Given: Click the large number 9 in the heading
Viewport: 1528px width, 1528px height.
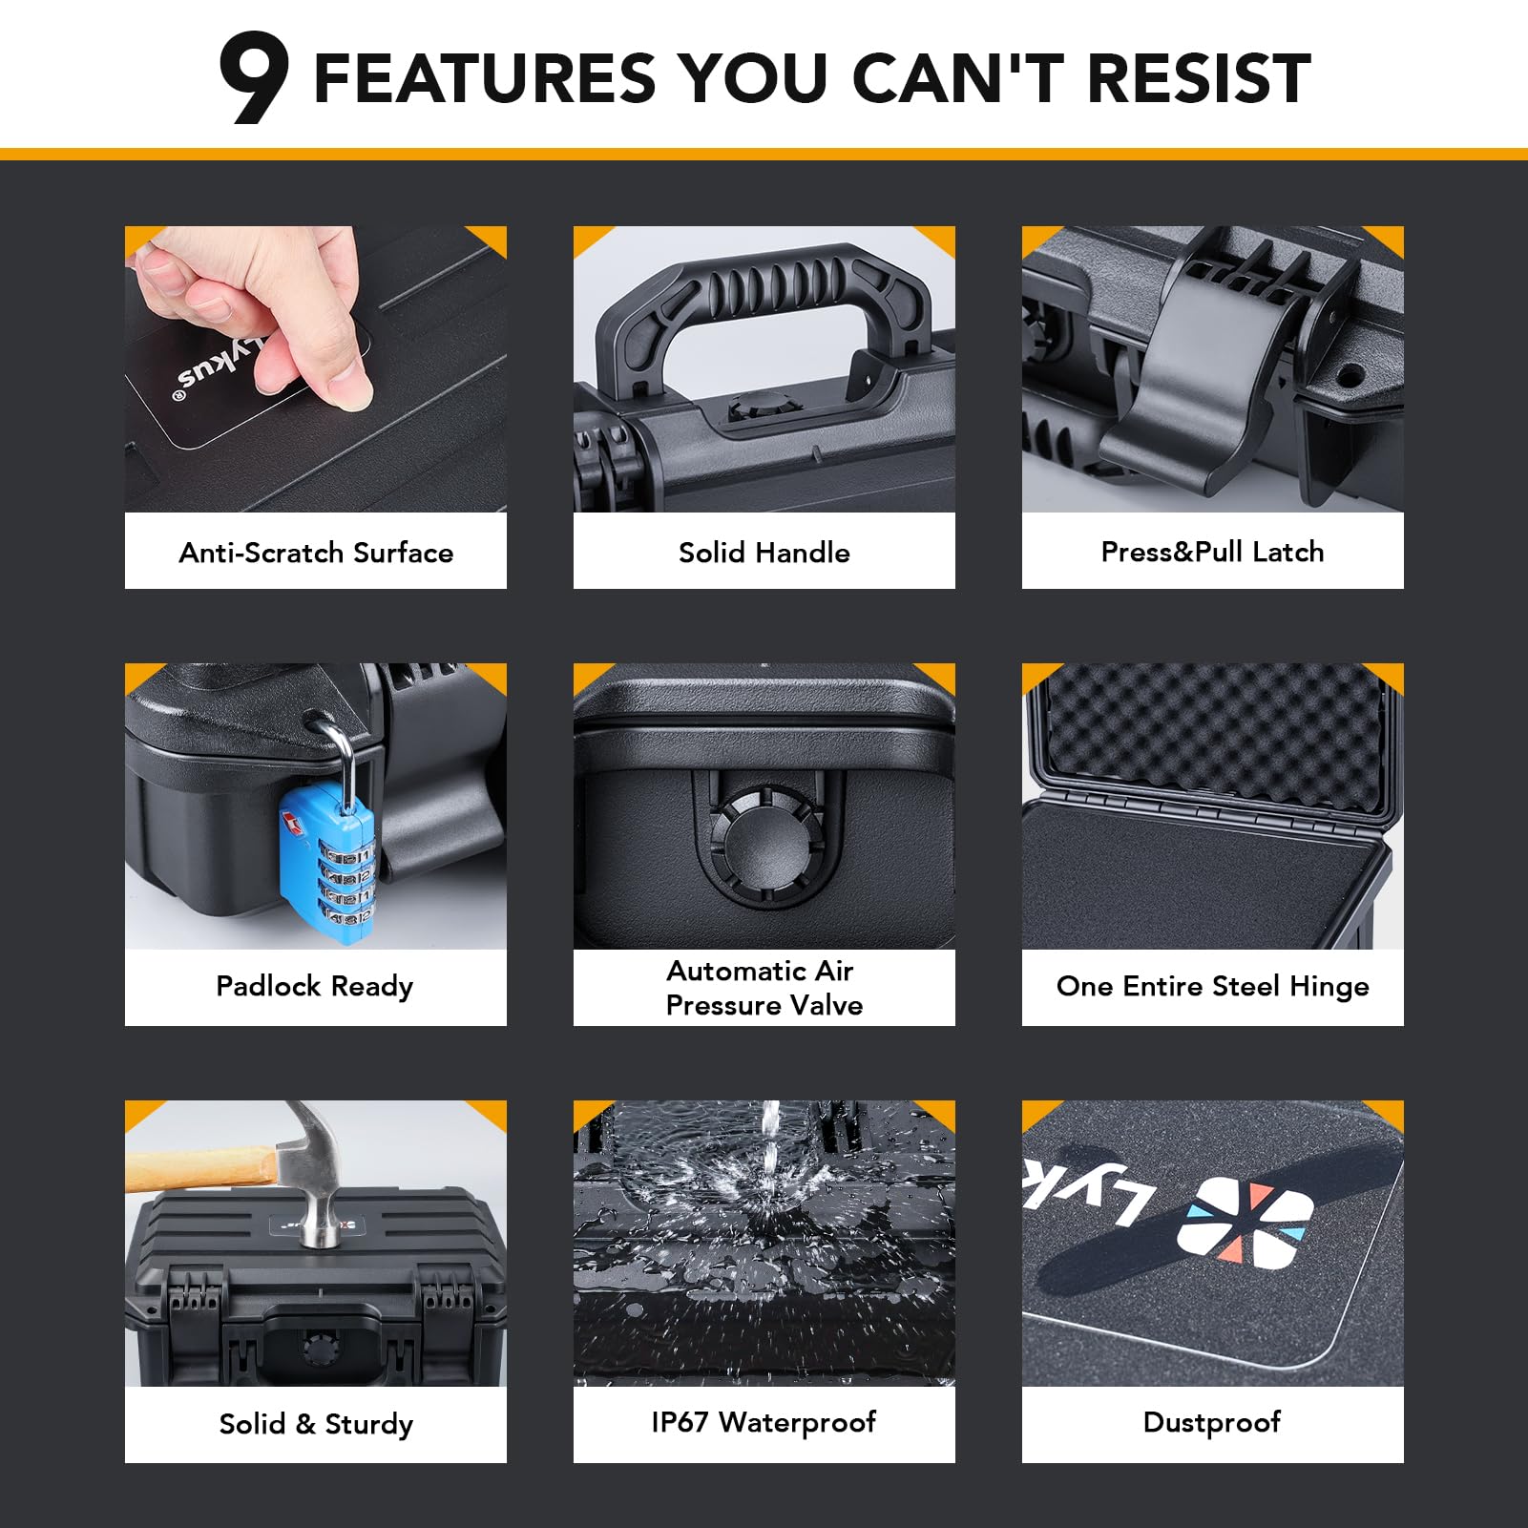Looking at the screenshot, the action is [x=253, y=77].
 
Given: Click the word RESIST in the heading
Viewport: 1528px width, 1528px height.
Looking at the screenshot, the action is [x=1199, y=77].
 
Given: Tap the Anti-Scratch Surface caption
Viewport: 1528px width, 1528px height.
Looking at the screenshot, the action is [x=316, y=553].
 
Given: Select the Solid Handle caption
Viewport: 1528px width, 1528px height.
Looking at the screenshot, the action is [x=764, y=553].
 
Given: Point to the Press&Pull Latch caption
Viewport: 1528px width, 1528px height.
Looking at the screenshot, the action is [x=1212, y=552].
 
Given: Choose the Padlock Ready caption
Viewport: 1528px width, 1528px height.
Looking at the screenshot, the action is [x=315, y=987].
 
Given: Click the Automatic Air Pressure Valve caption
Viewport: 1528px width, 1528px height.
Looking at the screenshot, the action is [x=764, y=988].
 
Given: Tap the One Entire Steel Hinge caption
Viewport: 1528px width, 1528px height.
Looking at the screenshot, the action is [x=1212, y=987].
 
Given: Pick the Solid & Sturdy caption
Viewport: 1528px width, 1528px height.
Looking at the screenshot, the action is [x=316, y=1424].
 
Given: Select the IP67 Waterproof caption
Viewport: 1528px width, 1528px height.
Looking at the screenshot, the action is [x=764, y=1422].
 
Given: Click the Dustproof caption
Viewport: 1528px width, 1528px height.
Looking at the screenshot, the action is [x=1212, y=1422].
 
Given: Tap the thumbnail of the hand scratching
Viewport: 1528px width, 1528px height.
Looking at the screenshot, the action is [x=316, y=369].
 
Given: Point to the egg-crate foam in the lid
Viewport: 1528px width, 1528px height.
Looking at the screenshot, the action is [x=1212, y=735].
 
